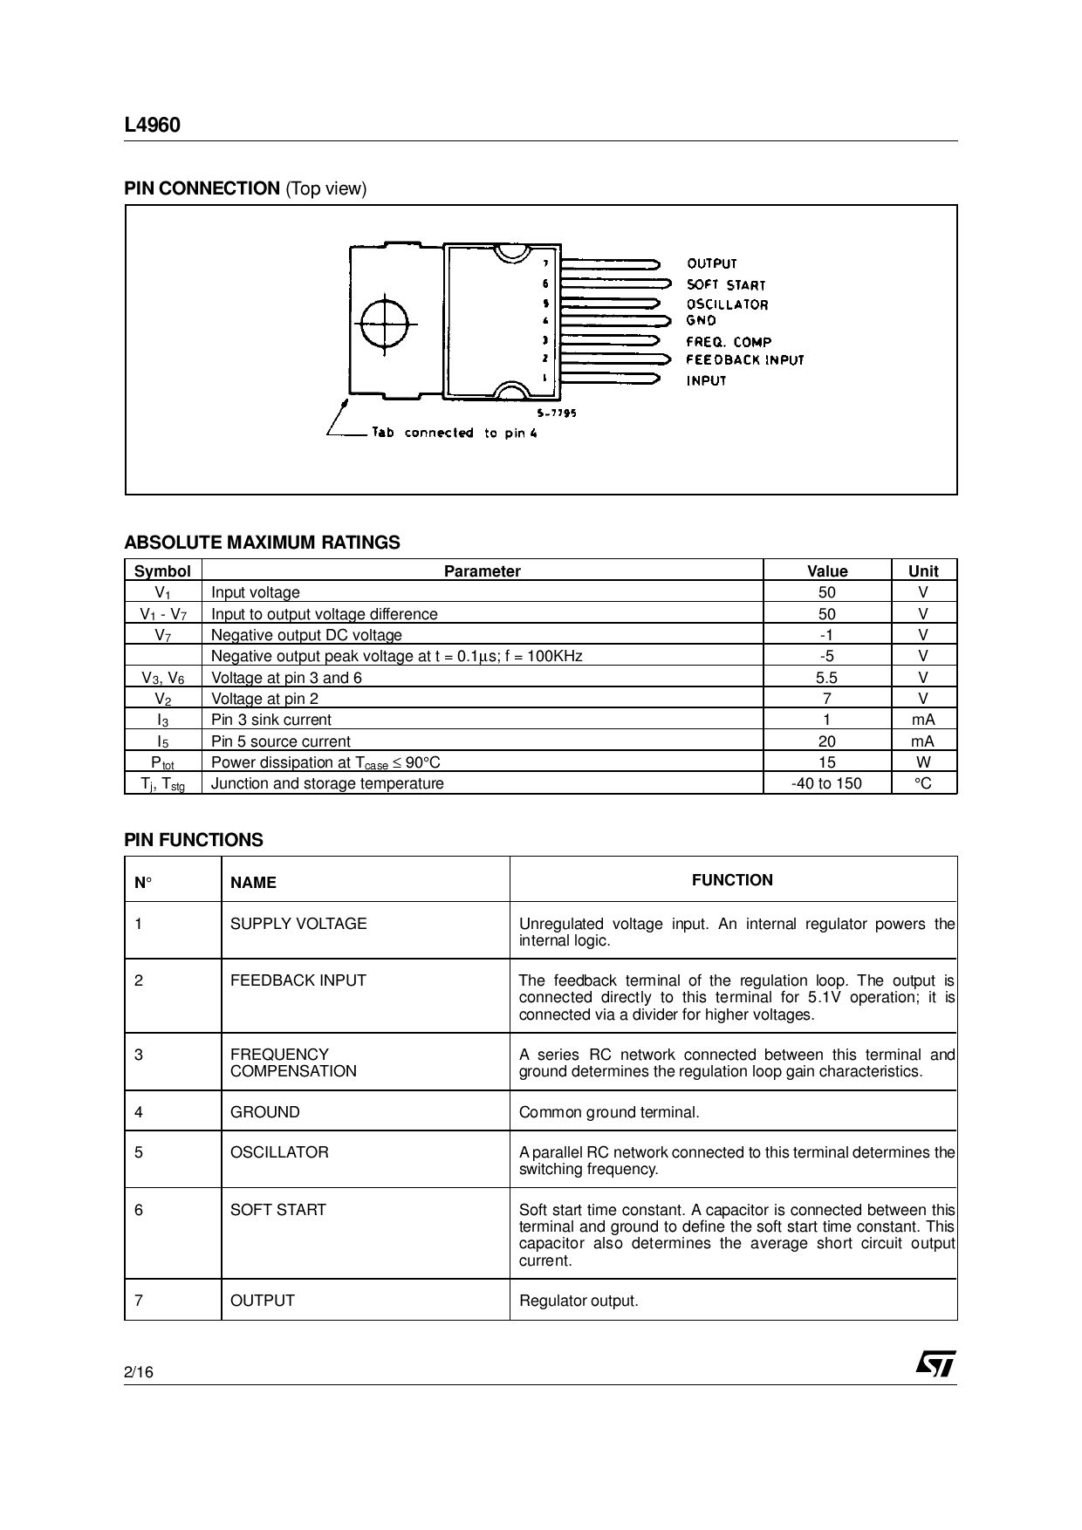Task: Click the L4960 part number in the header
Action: click(152, 126)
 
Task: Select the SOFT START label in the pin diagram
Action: click(725, 285)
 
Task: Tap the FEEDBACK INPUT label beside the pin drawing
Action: click(744, 360)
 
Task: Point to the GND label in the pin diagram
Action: click(701, 321)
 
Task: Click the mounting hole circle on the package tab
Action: click(384, 324)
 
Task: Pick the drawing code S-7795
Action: click(556, 413)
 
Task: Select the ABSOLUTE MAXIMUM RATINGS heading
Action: click(262, 543)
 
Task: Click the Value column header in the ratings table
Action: click(826, 571)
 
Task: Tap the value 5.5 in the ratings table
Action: click(826, 678)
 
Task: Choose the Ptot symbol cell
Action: click(162, 762)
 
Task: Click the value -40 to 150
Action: click(826, 783)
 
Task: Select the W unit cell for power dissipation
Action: click(923, 762)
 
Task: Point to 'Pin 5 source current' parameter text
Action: click(280, 741)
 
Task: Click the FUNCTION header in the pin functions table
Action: click(732, 880)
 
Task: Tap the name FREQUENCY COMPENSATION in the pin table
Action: click(293, 1062)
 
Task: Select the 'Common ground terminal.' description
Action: click(609, 1112)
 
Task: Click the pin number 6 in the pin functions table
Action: click(139, 1210)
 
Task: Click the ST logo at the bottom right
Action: click(935, 1363)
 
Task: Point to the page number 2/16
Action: click(139, 1373)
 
